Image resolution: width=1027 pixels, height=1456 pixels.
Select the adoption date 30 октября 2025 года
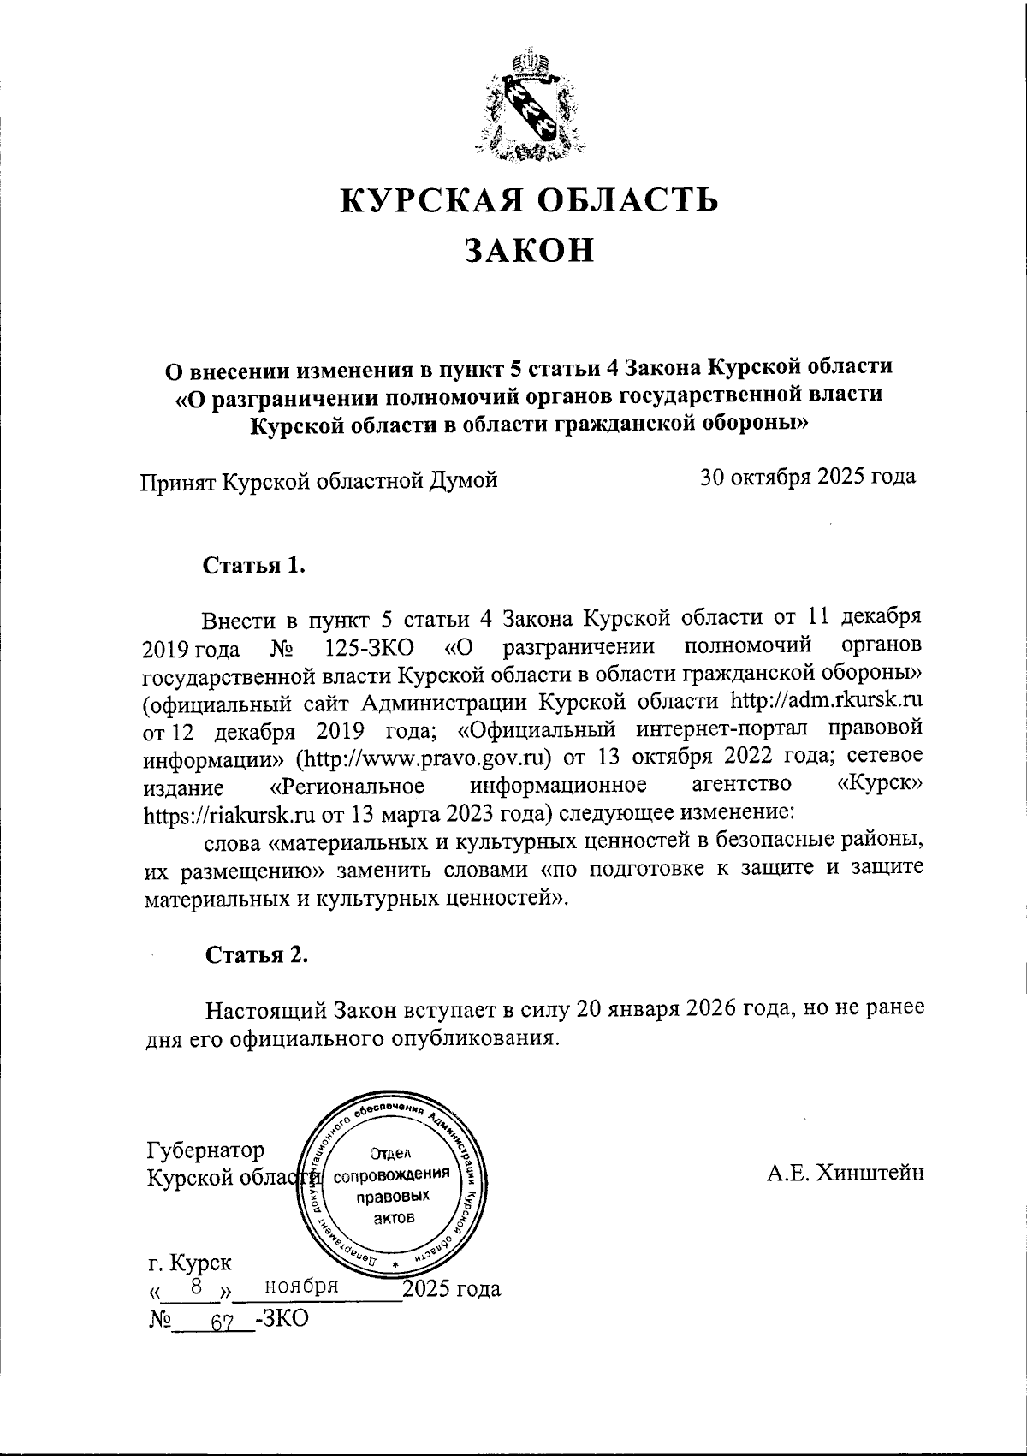pos(808,477)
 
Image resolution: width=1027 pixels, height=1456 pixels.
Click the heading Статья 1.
pos(253,566)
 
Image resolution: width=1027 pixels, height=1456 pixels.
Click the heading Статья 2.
pos(255,955)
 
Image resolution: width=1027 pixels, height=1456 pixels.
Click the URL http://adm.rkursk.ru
pos(824,700)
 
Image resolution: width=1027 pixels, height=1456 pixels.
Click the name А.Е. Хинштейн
pos(845,1173)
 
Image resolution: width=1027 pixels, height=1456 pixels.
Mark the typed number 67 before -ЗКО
pos(222,1321)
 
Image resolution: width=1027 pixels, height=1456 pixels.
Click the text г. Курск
pos(188,1263)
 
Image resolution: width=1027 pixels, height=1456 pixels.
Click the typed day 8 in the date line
pos(196,1286)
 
